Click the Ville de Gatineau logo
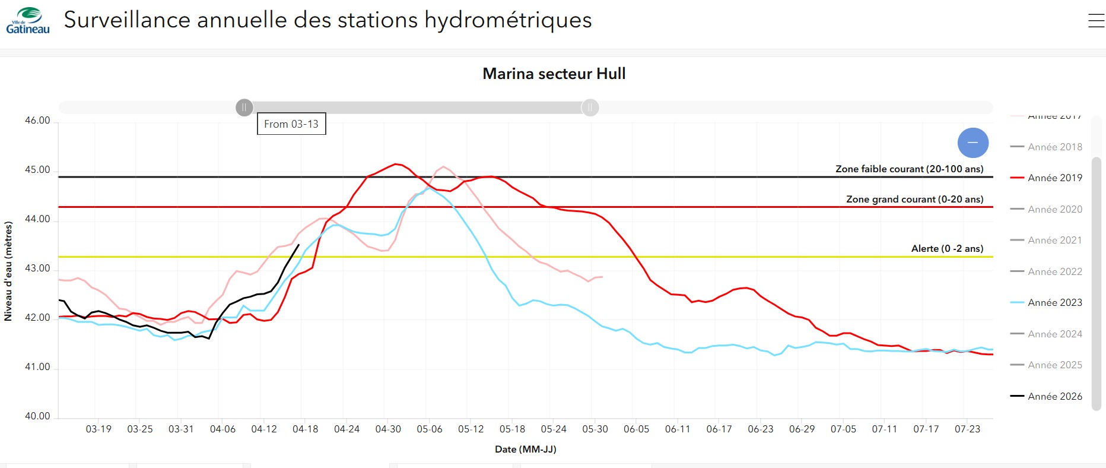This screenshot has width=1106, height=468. (x=28, y=20)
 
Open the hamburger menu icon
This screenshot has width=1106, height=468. (x=1096, y=21)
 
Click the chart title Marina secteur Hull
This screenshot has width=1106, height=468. (x=554, y=74)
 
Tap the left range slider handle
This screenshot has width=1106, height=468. (x=244, y=107)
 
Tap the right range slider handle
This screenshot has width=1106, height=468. (x=590, y=107)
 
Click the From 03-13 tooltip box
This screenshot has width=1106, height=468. (x=291, y=124)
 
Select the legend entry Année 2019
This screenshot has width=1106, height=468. (x=1054, y=178)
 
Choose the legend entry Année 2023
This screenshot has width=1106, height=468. (x=1054, y=302)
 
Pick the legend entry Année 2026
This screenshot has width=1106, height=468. (x=1054, y=396)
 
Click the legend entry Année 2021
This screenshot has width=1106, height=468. (x=1054, y=240)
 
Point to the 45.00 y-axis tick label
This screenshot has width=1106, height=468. (x=37, y=170)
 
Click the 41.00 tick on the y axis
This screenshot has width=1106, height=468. (x=37, y=367)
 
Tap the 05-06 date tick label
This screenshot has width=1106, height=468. (x=430, y=429)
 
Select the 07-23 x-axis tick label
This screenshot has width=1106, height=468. (x=967, y=429)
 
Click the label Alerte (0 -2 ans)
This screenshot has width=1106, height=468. (x=947, y=248)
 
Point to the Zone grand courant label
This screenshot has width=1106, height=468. (x=914, y=199)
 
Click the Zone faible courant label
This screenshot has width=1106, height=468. (x=909, y=169)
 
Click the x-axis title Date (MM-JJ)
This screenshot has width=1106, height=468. (x=526, y=449)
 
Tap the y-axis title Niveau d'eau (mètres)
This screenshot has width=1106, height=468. (x=8, y=271)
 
